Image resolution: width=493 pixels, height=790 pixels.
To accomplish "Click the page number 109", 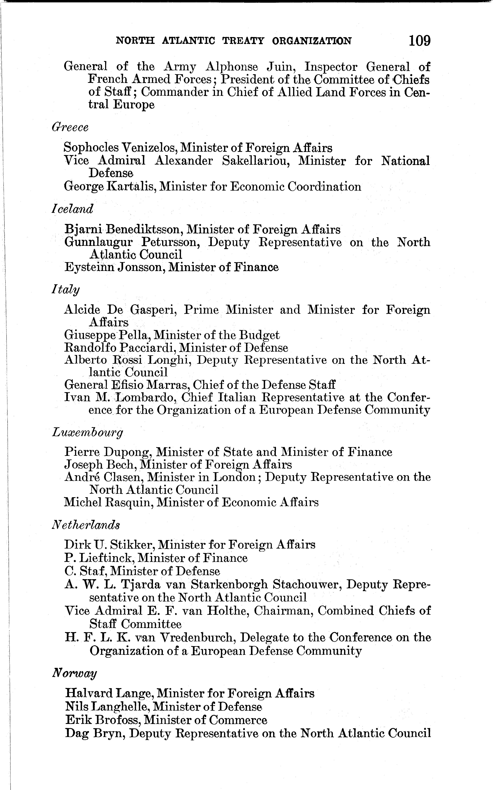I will pyautogui.click(x=420, y=41).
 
